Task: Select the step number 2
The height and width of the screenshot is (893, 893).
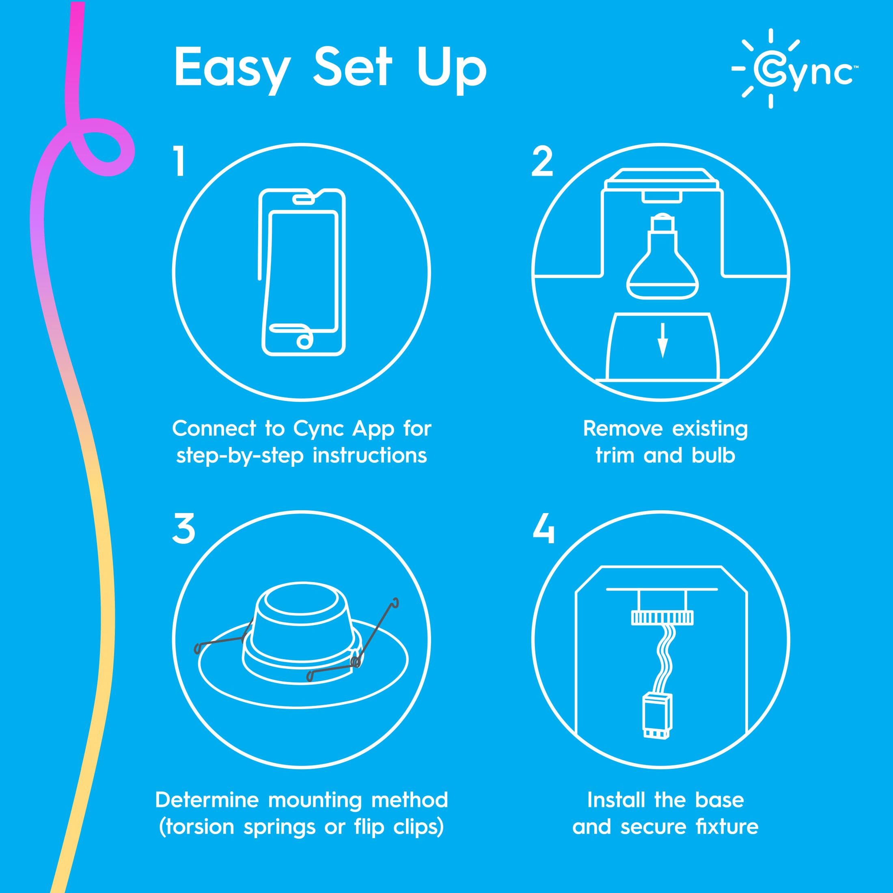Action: tap(542, 162)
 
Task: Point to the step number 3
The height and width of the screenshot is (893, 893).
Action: tap(183, 530)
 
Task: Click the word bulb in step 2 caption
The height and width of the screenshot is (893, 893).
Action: tap(714, 456)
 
